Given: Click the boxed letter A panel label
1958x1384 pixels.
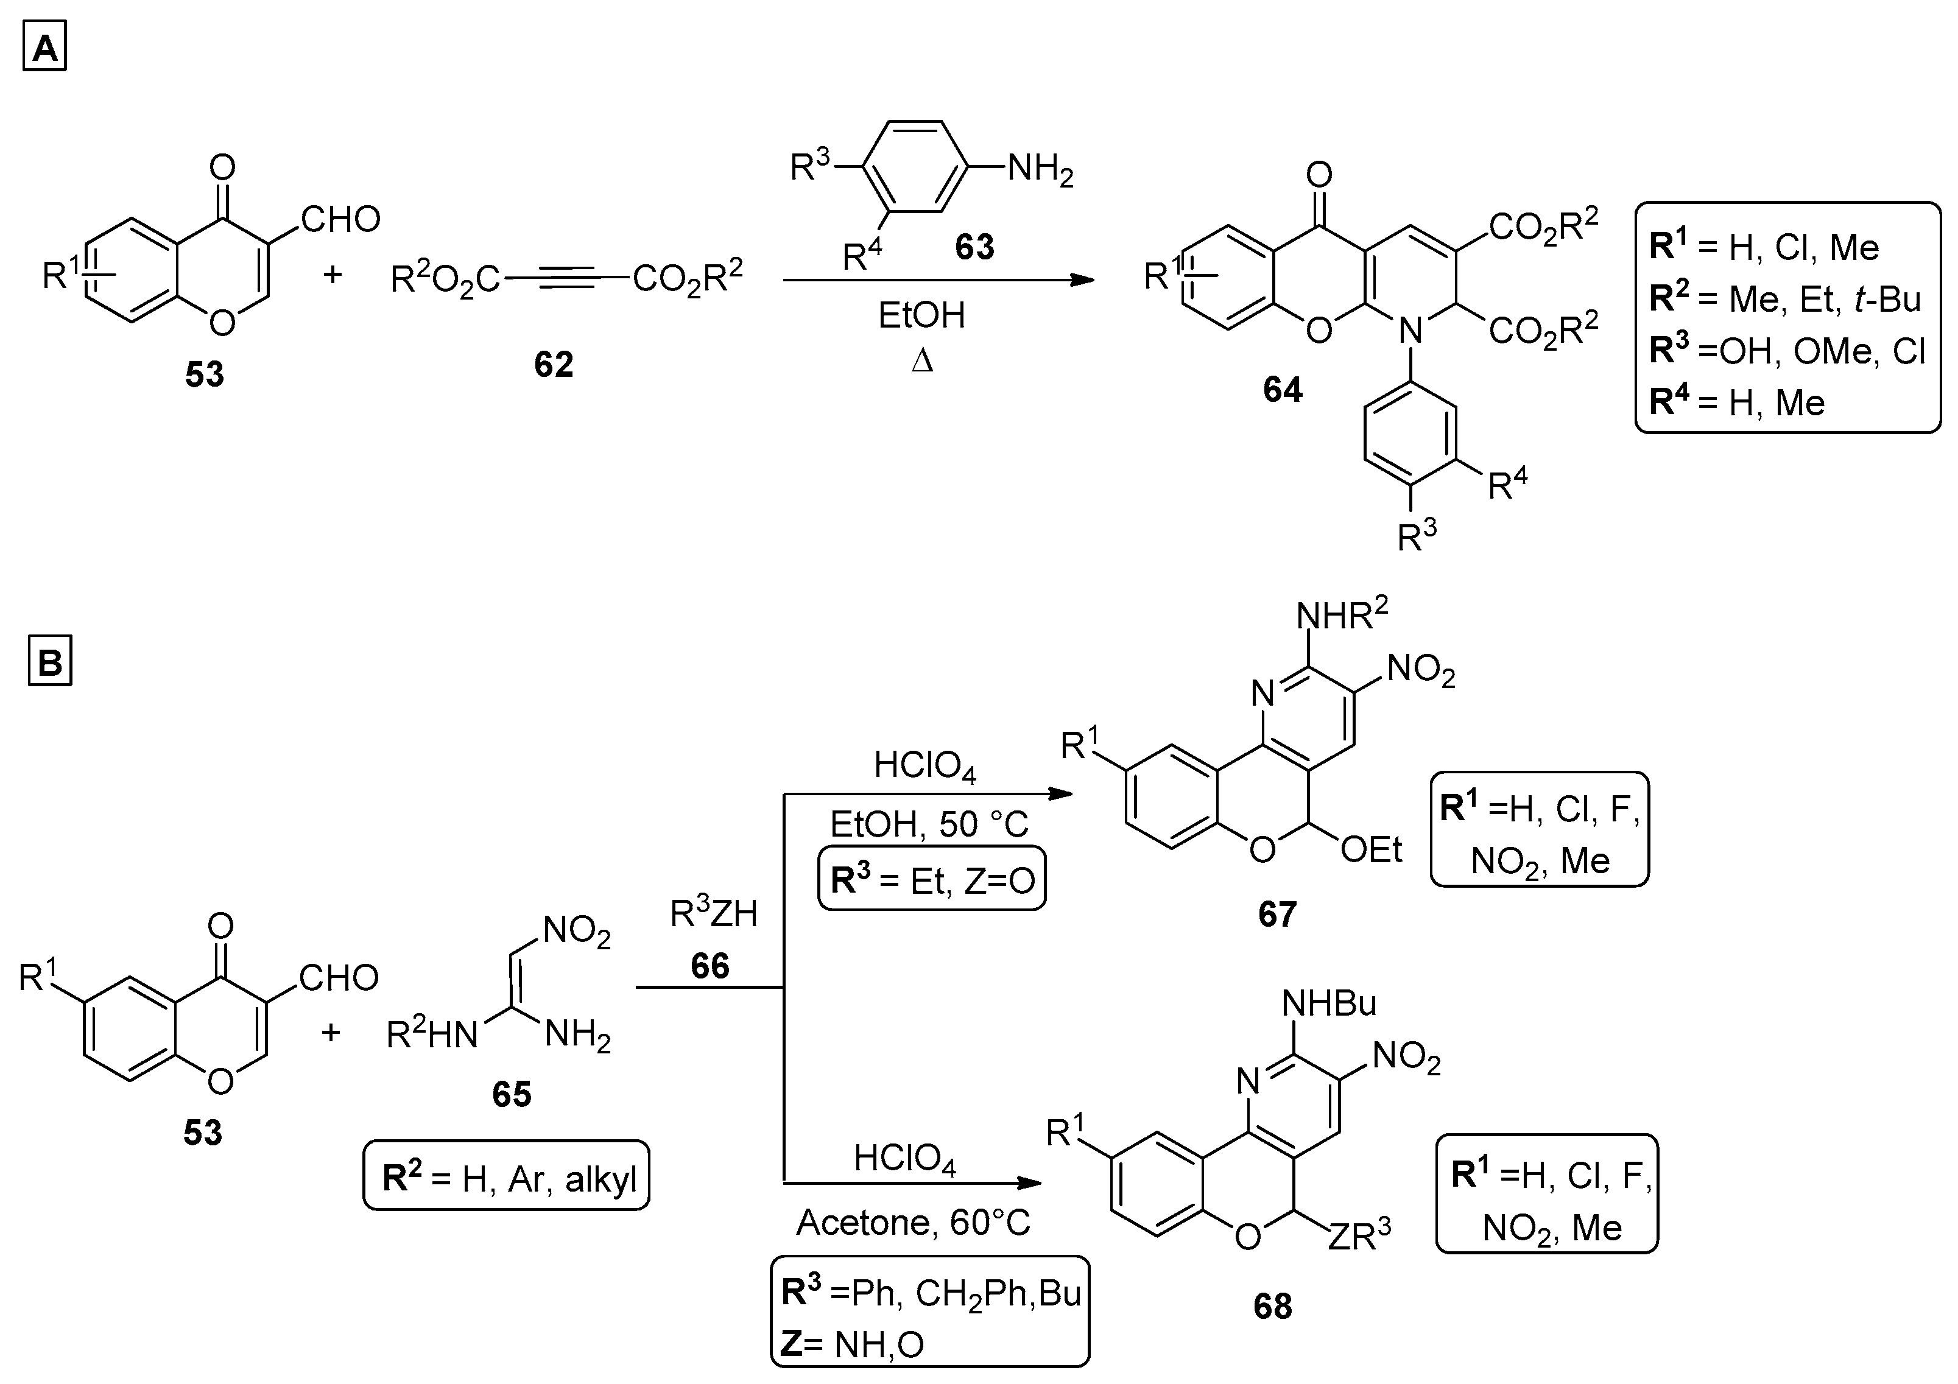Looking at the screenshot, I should pyautogui.click(x=44, y=49).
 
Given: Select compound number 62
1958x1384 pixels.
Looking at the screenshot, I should pyautogui.click(x=554, y=365).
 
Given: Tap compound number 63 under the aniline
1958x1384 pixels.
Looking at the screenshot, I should pyautogui.click(x=974, y=247).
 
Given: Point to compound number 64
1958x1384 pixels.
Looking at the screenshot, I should pyautogui.click(x=1283, y=390).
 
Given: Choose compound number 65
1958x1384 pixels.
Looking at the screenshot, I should pyautogui.click(x=512, y=1094).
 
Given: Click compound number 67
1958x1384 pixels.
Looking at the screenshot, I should pyautogui.click(x=1277, y=914).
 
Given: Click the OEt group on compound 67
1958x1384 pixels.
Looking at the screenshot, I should pyautogui.click(x=1372, y=849).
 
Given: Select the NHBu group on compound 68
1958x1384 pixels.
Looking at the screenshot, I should pyautogui.click(x=1329, y=1003).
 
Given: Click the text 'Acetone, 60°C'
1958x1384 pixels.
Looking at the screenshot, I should pyautogui.click(x=914, y=1223).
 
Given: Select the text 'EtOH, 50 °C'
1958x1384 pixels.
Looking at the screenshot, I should pyautogui.click(x=929, y=824).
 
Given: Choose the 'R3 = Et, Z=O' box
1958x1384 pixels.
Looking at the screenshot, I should pyautogui.click(x=931, y=879).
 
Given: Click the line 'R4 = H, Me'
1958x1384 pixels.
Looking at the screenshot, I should pyautogui.click(x=1737, y=402).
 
